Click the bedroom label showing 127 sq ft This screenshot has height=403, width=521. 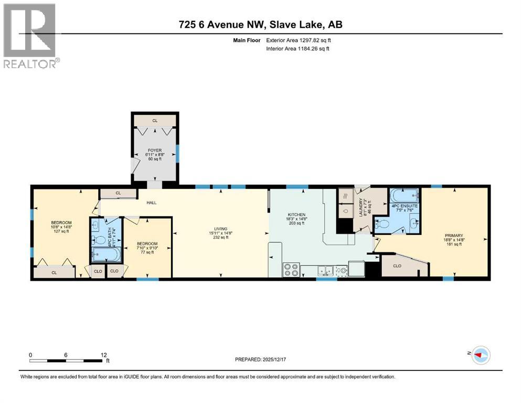point(61,227)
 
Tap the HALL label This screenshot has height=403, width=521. point(152,203)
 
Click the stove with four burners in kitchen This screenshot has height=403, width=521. point(291,270)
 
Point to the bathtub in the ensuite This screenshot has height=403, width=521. point(405,197)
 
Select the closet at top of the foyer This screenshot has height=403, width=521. point(155,121)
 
